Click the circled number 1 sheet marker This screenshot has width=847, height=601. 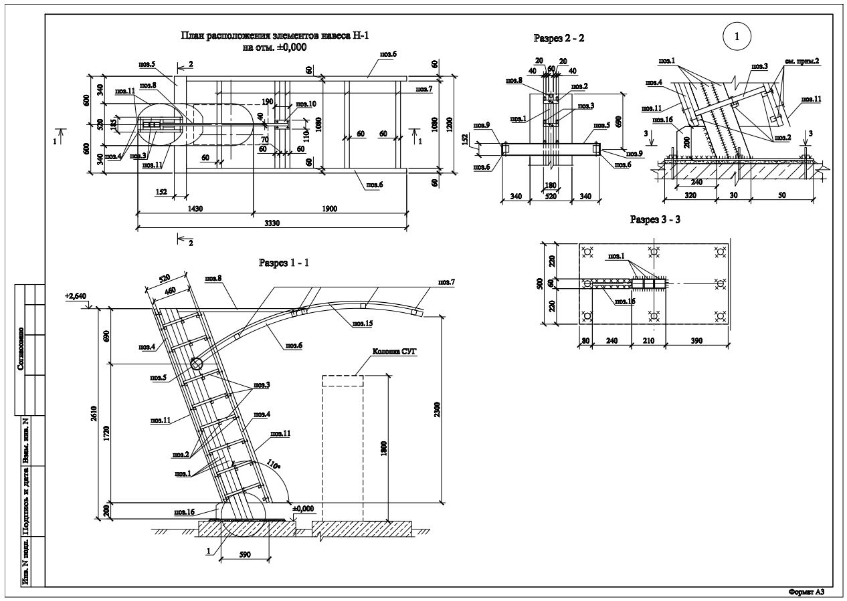[x=737, y=37]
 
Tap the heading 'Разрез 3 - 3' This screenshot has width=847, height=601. [x=655, y=220]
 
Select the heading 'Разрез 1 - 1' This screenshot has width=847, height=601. [x=284, y=263]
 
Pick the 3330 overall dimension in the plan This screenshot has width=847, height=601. [x=270, y=223]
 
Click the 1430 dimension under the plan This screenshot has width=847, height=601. [x=195, y=209]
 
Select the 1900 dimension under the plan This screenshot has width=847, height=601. [x=329, y=209]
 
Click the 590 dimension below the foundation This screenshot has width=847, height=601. [x=245, y=554]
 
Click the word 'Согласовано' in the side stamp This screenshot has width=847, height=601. [x=21, y=347]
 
